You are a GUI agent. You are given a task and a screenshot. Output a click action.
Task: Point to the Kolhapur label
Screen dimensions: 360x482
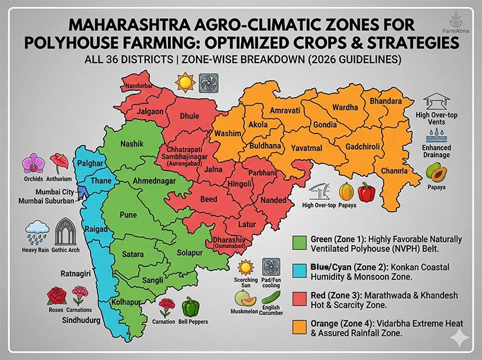pyautogui.click(x=128, y=303)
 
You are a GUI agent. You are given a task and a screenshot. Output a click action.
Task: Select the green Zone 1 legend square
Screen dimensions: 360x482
pyautogui.click(x=300, y=242)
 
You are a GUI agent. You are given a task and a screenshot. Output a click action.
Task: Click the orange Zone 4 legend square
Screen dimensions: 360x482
pyautogui.click(x=300, y=326)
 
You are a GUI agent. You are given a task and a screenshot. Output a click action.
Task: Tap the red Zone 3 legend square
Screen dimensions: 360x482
pyautogui.click(x=300, y=298)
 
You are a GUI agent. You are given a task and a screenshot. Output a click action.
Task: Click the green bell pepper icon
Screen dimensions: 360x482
pyautogui.click(x=190, y=306)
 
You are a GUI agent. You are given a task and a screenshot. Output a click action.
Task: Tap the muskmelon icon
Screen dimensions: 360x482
pyautogui.click(x=244, y=298)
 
